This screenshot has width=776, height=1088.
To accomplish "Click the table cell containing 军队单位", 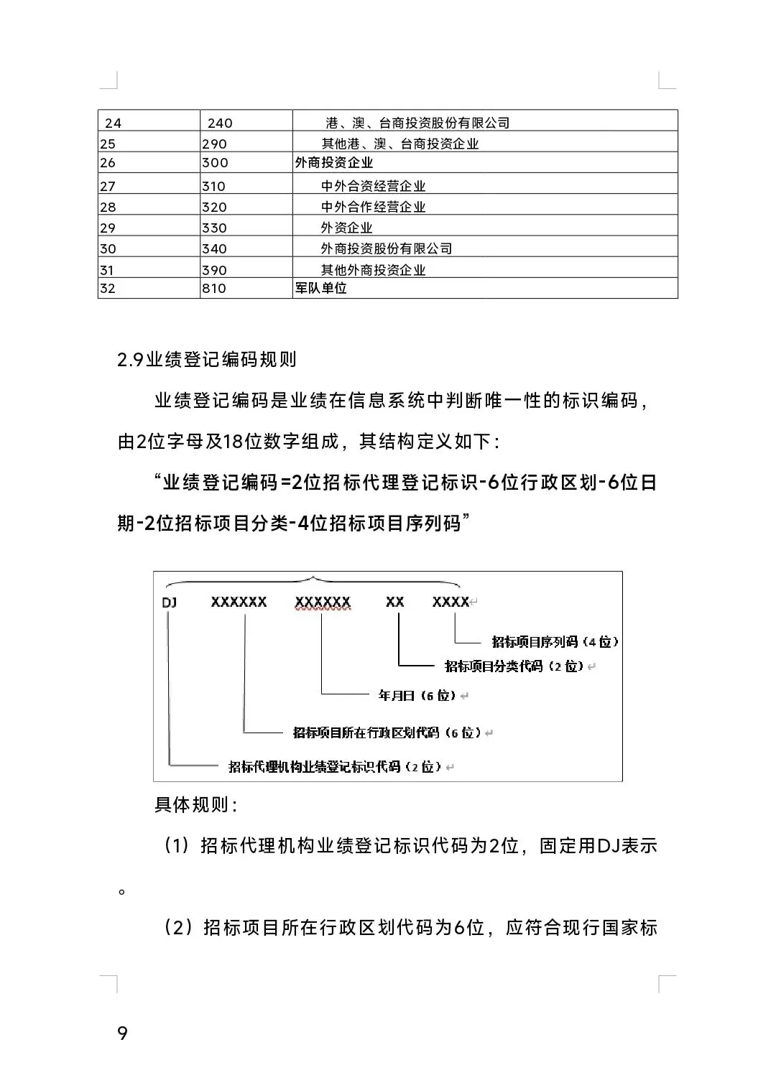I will coord(320,289).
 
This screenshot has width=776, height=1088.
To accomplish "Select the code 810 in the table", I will coord(214,289).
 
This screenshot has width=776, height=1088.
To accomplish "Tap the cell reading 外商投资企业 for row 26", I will coord(334,163).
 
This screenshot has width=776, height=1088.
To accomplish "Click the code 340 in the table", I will coord(214,249).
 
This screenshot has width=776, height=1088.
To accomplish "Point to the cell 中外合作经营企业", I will coord(373,207).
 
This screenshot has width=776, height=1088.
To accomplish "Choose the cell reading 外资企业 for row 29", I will coord(346,228).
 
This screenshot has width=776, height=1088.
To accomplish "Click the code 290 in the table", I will coord(214,144).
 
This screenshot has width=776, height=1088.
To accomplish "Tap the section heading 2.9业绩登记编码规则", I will coord(207,359).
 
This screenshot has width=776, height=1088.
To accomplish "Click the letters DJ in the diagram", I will coord(170,603).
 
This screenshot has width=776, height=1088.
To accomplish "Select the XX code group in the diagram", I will coord(394,603).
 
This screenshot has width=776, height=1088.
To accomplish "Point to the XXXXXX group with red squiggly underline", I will coord(323,603).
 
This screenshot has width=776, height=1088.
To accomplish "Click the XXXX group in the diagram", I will coord(451,603).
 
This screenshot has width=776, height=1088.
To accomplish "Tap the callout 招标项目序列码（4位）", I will coord(555,641).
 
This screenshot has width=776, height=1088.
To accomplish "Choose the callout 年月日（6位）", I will coord(417,695).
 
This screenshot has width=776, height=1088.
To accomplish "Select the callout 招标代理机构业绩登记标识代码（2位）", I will coord(335,766).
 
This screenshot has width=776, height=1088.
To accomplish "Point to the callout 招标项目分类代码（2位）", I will coord(514,666).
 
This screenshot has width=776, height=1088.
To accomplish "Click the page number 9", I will coord(122,1033).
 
